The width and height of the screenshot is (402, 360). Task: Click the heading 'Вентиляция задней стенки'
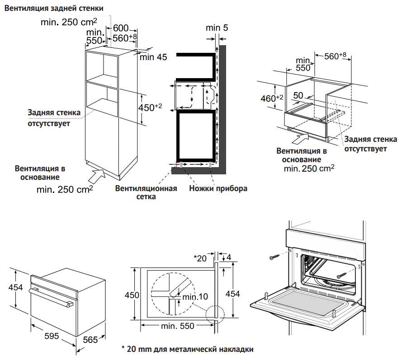pos(54,8)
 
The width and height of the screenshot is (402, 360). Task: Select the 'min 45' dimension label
pos(153,57)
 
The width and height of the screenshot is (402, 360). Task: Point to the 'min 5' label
pos(217,28)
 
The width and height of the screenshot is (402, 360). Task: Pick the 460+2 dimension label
pos(271,98)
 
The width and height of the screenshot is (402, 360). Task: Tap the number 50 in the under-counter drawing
pos(298,96)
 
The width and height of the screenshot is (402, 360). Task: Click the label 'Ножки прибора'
pos(218,188)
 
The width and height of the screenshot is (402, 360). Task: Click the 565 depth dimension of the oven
pos(90,340)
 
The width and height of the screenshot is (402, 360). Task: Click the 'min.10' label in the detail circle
pos(195,297)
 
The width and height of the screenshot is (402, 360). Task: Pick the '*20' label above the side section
pos(199,258)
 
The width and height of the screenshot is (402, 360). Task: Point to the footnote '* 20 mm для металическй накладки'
pos(187,349)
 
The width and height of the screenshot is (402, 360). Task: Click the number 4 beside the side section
pos(229,257)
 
